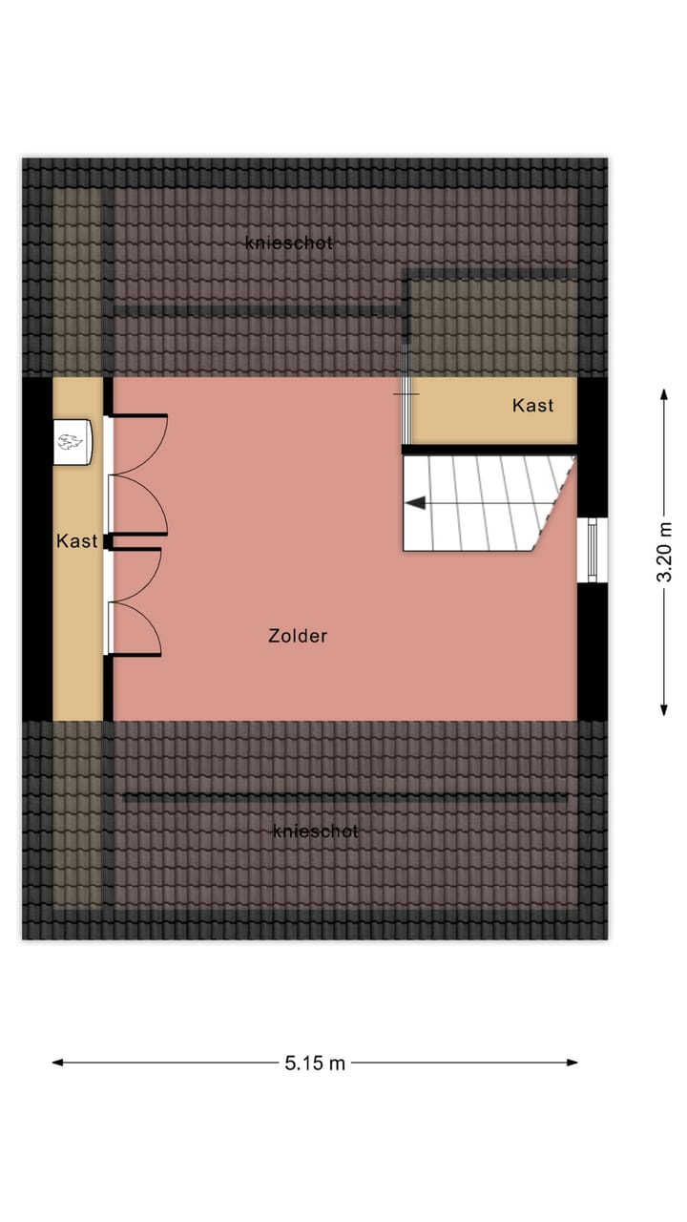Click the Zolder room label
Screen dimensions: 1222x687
click(x=298, y=636)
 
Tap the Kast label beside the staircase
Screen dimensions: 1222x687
click(x=532, y=406)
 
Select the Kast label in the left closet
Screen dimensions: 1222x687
click(x=76, y=541)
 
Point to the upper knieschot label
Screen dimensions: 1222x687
click(x=289, y=243)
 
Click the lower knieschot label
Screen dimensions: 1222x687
click(x=316, y=832)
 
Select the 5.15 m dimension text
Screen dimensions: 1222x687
click(x=315, y=1063)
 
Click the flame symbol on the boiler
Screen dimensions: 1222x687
click(x=70, y=440)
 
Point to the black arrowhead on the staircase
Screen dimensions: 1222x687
click(x=415, y=502)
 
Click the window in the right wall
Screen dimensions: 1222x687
click(x=593, y=551)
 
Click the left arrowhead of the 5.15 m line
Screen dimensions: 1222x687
click(x=58, y=1062)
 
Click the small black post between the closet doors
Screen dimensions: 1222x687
click(x=109, y=541)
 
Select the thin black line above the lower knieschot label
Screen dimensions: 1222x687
click(x=343, y=795)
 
